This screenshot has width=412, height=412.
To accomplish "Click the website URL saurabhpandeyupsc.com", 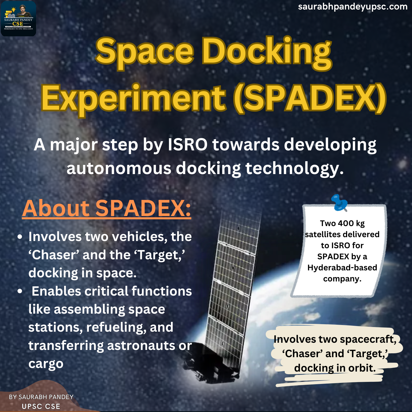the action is [x=353, y=7].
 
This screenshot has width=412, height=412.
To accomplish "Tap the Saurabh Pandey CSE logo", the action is [x=19, y=19].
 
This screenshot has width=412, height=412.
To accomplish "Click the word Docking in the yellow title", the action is [x=267, y=53].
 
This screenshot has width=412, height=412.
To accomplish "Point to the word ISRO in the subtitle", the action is [x=187, y=144].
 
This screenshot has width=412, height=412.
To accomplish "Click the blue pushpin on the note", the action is [x=339, y=202].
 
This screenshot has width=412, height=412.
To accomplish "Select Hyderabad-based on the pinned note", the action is [x=342, y=268].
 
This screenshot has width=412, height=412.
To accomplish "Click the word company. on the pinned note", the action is [x=342, y=279].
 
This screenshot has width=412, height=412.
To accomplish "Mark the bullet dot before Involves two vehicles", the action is [x=20, y=237].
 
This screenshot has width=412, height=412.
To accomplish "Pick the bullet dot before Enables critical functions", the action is [x=20, y=291].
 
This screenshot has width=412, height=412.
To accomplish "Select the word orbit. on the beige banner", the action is [x=362, y=368].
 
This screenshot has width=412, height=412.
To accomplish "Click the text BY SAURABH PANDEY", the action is [x=41, y=397].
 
